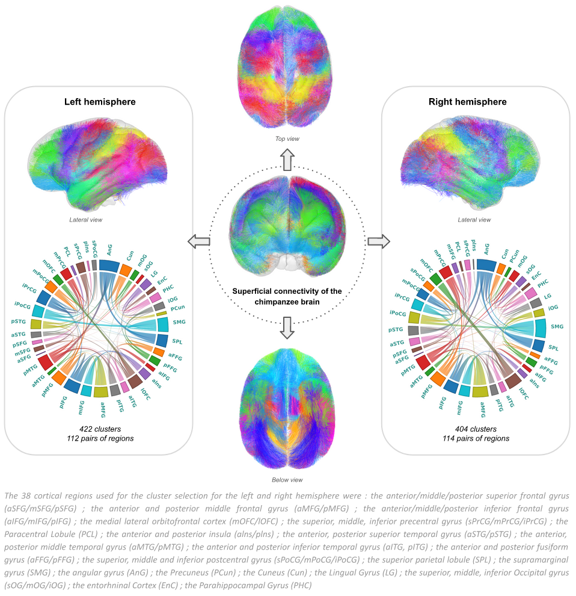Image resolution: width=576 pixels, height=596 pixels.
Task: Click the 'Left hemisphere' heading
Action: (100, 102)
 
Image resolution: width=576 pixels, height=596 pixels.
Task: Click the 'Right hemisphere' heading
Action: (476, 102)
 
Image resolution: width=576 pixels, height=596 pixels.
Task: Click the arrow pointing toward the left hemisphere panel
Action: (199, 242)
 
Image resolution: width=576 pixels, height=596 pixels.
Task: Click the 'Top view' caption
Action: (287, 139)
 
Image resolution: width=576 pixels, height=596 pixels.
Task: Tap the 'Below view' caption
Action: (287, 480)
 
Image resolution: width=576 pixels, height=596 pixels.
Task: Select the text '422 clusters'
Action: (100, 429)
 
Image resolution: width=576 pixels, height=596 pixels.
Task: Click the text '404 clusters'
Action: (476, 429)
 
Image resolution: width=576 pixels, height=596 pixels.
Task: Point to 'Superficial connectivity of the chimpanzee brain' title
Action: (287, 296)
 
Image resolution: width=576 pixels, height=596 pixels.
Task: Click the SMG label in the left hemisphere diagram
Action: (179, 323)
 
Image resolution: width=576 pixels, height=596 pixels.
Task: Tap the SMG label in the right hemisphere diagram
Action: (557, 326)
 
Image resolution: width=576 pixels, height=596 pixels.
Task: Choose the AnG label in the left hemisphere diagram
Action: (109, 247)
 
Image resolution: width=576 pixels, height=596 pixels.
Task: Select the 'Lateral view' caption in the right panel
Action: (475, 220)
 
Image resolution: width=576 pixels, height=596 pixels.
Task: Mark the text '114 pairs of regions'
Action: (476, 438)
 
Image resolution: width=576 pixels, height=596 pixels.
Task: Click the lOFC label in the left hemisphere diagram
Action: (145, 392)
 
